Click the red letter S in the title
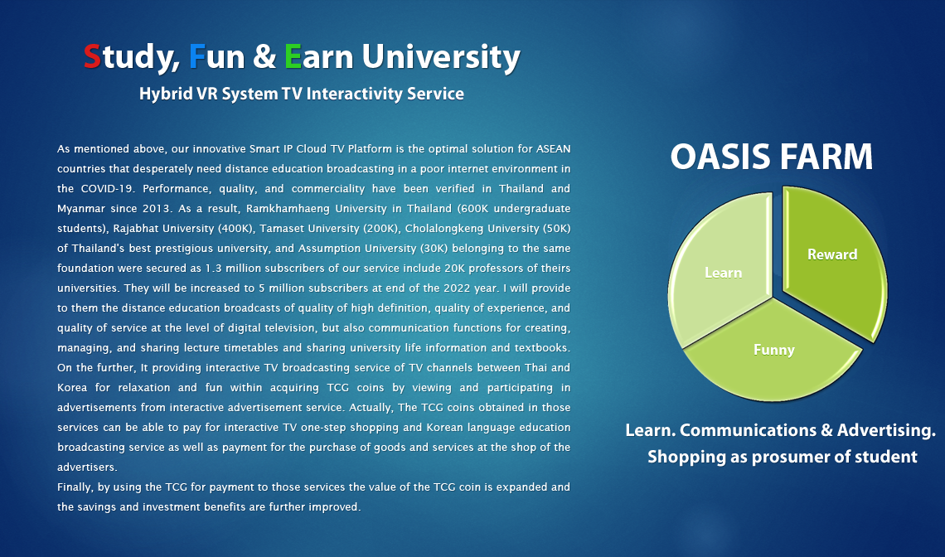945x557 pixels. [92, 56]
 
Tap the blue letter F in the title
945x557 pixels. [197, 56]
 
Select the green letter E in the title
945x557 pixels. [293, 56]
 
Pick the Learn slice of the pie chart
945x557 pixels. [722, 271]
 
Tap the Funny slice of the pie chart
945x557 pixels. [774, 351]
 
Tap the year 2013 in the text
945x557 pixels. [156, 209]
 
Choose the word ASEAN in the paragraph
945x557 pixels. [553, 149]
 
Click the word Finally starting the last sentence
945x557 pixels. [75, 487]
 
